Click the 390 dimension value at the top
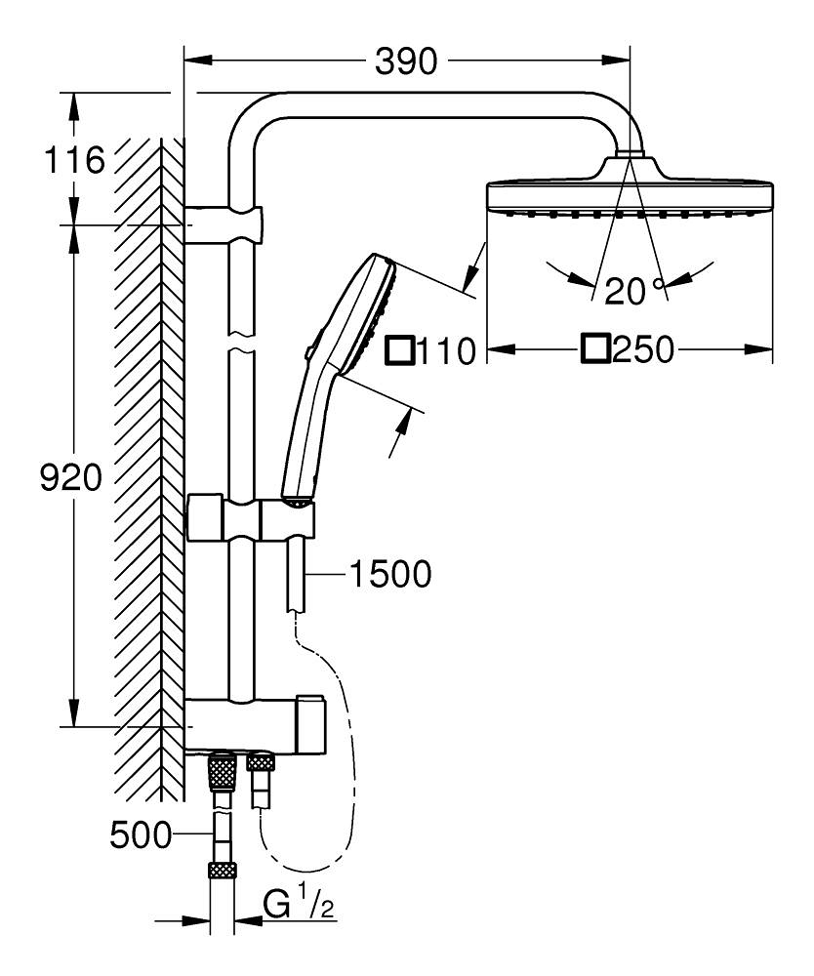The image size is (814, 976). (406, 62)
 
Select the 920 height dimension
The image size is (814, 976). (70, 478)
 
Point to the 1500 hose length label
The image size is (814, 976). (389, 575)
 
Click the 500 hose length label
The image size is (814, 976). (141, 835)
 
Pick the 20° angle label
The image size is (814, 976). (632, 291)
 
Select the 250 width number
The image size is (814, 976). (643, 349)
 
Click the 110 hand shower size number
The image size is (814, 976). (445, 350)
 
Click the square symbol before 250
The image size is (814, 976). (595, 348)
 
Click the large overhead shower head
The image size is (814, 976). (629, 194)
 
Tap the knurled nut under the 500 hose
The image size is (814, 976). (223, 871)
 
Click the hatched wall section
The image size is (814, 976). (146, 468)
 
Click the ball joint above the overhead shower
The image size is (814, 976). (631, 154)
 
